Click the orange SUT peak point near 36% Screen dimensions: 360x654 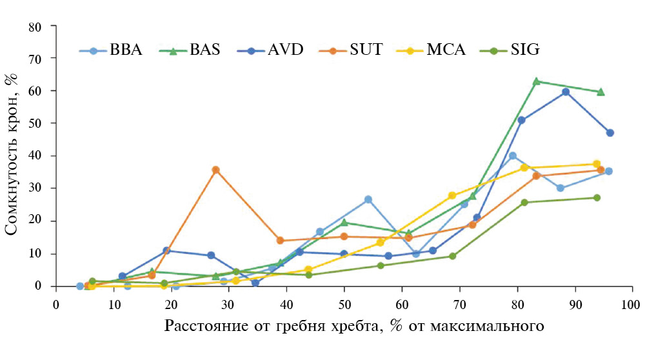point(215,170)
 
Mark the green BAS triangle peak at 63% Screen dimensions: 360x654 point(536,81)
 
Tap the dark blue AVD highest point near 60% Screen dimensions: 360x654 point(566,92)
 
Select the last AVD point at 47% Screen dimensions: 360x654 point(610,133)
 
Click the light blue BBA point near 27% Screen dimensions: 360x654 point(368,199)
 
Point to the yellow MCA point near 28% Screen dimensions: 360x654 point(452,195)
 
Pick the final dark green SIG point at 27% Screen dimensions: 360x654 point(597,198)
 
